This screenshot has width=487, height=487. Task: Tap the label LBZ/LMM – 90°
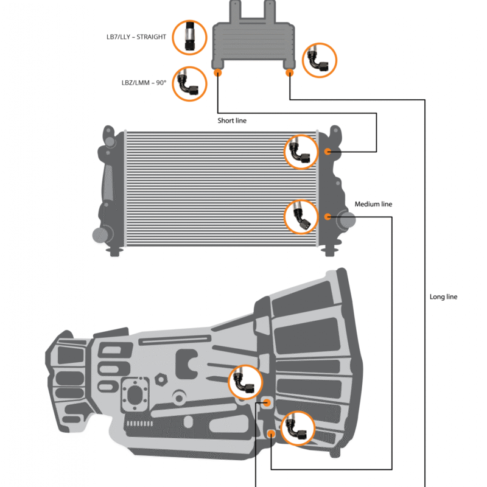[x=144, y=83]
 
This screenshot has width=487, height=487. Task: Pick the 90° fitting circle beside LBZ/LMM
[x=189, y=83]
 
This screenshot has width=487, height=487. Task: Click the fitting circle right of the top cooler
[x=320, y=60]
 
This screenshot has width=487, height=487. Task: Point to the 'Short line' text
[x=232, y=121]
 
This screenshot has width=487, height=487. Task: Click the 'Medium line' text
[x=373, y=205]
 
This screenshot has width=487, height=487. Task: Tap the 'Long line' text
[x=443, y=297]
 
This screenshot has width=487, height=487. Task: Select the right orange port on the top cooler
[x=290, y=72]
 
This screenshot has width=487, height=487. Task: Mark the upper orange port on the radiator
[x=328, y=152]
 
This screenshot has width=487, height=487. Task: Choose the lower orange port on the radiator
[x=328, y=216]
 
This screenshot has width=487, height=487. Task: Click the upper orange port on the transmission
[x=267, y=402]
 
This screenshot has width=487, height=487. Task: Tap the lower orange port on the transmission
[x=271, y=433]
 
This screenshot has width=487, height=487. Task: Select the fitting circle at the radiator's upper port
[x=301, y=152]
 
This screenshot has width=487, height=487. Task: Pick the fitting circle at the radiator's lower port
[x=301, y=217]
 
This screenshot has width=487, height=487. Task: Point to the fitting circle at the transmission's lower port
[x=298, y=429]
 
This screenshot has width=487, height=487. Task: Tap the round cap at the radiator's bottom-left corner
[x=99, y=234]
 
